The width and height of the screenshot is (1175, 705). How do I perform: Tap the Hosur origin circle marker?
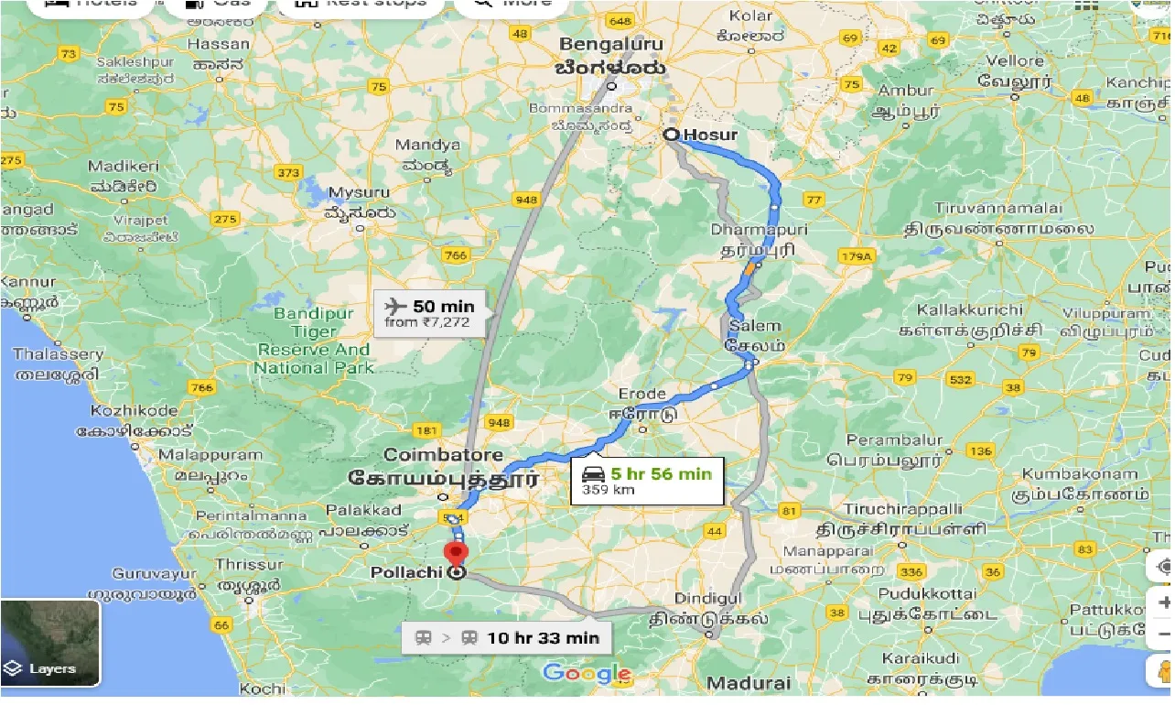click(672, 135)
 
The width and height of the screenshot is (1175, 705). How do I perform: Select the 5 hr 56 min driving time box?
click(647, 481)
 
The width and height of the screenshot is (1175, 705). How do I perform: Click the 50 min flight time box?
click(431, 312)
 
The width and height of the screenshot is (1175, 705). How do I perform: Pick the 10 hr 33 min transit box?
click(508, 638)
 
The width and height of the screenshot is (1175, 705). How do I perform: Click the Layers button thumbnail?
click(50, 644)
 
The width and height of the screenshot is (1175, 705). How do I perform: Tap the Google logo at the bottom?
click(586, 674)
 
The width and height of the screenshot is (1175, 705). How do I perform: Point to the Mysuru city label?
click(359, 193)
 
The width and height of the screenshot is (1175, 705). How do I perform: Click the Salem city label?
click(755, 326)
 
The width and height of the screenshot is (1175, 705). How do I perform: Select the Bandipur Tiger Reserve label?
click(314, 341)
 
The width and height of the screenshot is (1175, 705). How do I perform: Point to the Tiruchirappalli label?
click(901, 509)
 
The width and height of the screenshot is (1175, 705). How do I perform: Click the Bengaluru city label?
click(612, 44)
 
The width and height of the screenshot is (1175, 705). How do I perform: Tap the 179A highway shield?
click(857, 257)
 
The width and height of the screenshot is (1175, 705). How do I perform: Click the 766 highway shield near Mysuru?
click(455, 255)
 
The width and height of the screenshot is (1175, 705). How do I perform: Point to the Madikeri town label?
click(124, 166)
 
